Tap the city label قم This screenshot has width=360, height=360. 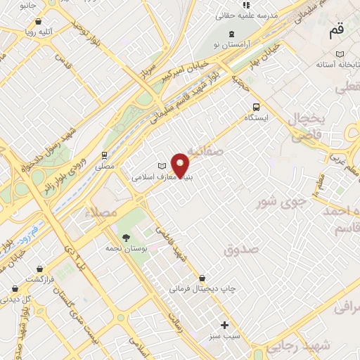[x=336, y=32]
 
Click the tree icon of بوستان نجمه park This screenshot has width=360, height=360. [x=126, y=238]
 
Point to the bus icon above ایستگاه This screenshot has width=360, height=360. [x=256, y=108]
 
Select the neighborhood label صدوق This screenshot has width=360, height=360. [x=241, y=250]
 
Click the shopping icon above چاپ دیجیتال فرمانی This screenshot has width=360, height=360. [x=202, y=278]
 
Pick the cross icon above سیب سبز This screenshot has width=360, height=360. [x=225, y=325]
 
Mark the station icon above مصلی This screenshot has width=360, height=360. [x=104, y=155]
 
